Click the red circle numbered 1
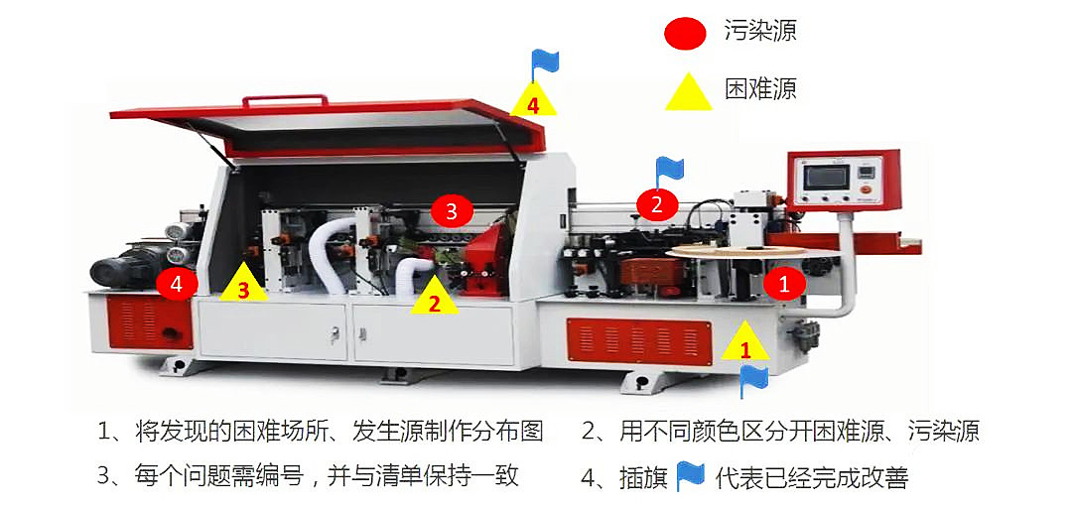click(784, 284)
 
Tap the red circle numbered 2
click(656, 204)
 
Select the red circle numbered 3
click(452, 210)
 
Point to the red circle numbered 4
click(177, 284)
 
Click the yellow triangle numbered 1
click(744, 342)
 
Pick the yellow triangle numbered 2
click(434, 298)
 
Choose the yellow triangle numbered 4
click(533, 99)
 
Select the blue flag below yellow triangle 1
click(754, 379)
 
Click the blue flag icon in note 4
click(691, 476)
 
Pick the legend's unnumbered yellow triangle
click(688, 91)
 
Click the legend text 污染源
click(760, 32)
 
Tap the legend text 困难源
click(760, 89)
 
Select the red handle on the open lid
click(286, 100)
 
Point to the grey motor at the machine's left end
click(119, 270)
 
